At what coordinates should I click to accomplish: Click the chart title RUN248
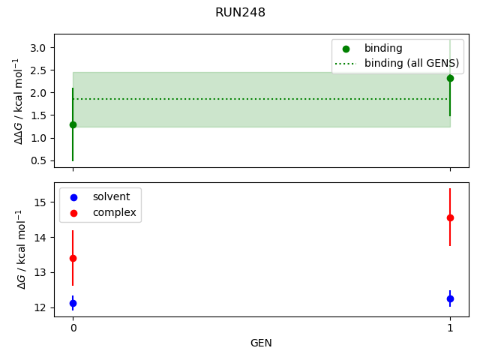(240, 13)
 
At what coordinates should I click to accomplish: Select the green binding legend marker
(346, 48)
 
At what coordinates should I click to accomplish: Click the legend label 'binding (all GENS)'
(411, 63)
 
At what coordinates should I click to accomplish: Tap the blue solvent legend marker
(73, 197)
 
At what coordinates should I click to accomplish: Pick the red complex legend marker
(73, 212)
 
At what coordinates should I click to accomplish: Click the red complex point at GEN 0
(73, 258)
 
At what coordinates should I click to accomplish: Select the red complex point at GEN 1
(450, 217)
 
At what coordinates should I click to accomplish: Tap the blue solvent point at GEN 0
(73, 303)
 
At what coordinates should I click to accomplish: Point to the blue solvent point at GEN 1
(450, 298)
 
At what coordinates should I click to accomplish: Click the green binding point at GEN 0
(73, 124)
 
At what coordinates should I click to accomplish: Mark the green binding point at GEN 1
(450, 78)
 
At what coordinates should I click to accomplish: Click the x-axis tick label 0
(73, 328)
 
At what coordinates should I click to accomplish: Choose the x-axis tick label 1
(450, 328)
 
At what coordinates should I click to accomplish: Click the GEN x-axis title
(261, 343)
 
